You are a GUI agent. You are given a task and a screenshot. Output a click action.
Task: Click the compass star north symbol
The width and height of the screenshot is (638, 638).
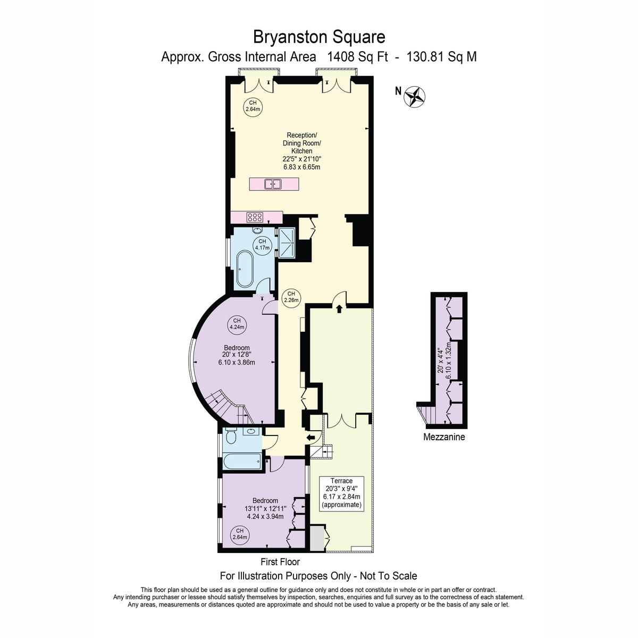(x=415, y=97)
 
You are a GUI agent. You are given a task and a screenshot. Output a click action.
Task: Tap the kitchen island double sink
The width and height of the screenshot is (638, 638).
(x=273, y=184)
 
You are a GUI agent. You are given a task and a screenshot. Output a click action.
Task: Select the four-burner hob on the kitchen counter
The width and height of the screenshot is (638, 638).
(x=255, y=217)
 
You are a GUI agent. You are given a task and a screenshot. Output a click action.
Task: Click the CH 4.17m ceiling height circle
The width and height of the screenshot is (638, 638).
(x=262, y=245)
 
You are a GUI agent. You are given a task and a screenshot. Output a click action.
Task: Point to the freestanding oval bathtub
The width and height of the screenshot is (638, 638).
(x=245, y=269)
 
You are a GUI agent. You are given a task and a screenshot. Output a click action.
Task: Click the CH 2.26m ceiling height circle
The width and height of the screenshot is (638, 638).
(x=291, y=297)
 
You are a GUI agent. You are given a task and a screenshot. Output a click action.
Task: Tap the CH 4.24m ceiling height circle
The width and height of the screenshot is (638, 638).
(x=237, y=323)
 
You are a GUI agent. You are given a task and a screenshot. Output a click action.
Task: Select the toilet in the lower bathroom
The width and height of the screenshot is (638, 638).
(x=230, y=436)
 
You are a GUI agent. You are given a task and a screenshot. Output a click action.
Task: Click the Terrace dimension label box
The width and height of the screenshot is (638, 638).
(x=341, y=493)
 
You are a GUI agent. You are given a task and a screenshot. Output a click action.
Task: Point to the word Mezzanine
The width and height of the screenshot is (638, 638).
(x=444, y=436)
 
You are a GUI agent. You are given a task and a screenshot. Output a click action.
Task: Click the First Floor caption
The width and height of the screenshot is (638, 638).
(x=280, y=561)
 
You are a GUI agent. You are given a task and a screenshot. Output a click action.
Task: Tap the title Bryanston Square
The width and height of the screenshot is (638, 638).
(x=319, y=37)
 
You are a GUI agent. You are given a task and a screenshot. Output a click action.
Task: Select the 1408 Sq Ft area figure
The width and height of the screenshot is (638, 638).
(x=357, y=57)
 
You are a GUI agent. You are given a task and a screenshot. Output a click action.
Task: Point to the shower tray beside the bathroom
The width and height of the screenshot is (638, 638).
(x=286, y=242)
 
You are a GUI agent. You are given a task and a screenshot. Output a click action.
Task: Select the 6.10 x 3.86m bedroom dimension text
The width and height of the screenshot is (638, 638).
(x=237, y=362)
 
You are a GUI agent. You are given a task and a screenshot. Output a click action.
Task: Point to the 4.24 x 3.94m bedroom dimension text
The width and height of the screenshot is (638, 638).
(x=265, y=516)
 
